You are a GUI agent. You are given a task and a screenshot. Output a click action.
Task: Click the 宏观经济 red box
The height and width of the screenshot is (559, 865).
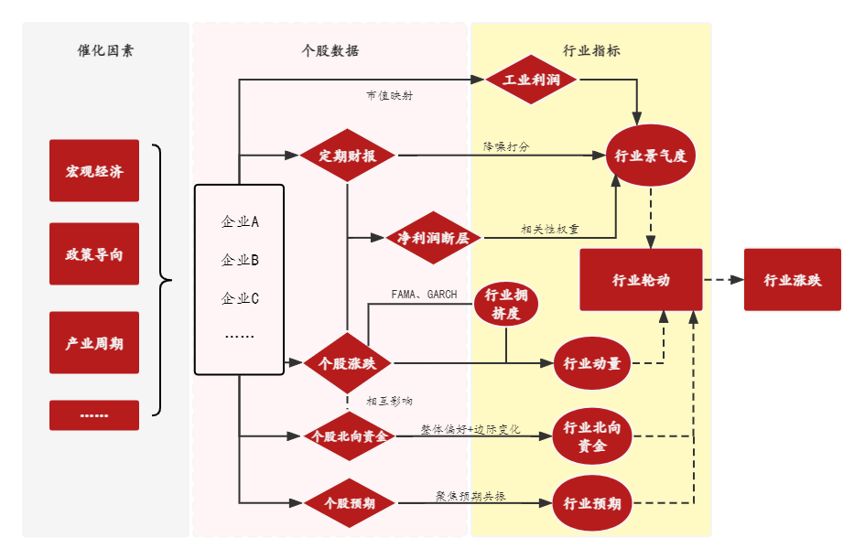(94, 171)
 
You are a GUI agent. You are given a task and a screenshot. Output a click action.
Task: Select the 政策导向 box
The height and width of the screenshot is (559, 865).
(94, 254)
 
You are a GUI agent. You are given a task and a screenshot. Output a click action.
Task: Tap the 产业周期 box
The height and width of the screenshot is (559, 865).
(94, 343)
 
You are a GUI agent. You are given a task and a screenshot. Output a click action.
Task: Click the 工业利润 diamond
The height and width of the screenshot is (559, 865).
(532, 80)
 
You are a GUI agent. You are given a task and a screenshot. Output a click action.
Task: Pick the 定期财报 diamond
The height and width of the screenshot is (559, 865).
(347, 156)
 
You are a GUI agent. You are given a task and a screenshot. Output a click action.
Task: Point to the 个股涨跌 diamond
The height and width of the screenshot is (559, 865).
(347, 363)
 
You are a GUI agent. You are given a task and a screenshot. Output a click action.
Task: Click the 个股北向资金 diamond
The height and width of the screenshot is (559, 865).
(349, 436)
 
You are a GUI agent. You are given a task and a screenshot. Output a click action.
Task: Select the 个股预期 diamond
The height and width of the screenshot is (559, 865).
(349, 503)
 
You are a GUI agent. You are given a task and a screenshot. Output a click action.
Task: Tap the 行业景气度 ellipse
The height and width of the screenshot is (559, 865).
(651, 156)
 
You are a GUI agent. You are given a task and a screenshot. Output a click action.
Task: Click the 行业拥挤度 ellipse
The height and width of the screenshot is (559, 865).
(506, 304)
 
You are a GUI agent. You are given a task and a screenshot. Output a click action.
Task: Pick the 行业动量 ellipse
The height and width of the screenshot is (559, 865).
(592, 364)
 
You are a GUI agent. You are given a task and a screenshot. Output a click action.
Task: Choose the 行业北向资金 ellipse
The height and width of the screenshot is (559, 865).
(592, 436)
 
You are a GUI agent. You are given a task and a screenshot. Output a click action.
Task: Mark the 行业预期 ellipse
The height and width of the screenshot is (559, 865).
(592, 503)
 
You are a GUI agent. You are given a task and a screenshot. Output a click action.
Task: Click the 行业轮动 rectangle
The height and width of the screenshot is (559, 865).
(641, 280)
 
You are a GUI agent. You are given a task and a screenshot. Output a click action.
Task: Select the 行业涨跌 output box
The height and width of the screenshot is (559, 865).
(793, 280)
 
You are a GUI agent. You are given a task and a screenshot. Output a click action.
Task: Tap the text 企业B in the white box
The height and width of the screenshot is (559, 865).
(240, 260)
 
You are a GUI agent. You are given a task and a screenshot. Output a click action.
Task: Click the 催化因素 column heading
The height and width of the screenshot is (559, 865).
(105, 51)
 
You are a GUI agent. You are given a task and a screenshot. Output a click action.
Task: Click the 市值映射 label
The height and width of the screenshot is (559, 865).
(389, 95)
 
